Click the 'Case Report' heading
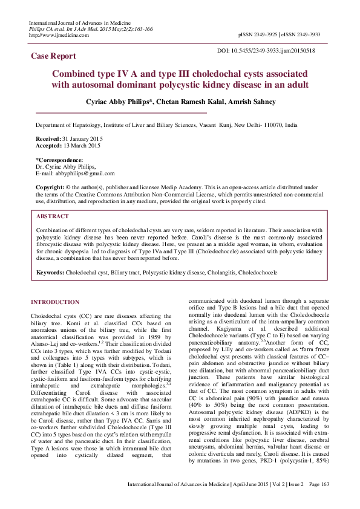click(x=54, y=56)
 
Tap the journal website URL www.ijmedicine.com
click(x=61, y=35)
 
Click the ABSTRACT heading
click(x=53, y=216)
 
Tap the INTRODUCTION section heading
click(x=55, y=302)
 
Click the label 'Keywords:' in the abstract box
click(x=50, y=273)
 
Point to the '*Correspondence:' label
click(x=59, y=160)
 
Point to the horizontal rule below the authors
click(x=121, y=113)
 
